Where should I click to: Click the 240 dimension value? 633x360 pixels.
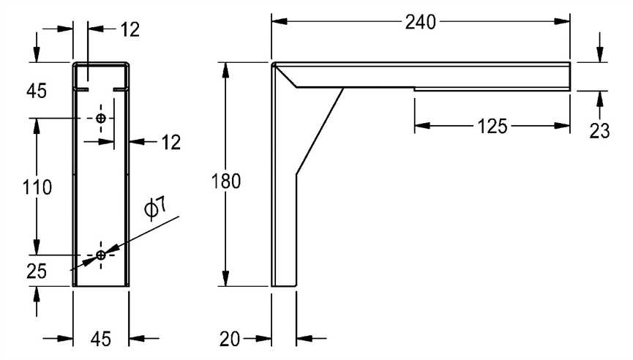point(421,23)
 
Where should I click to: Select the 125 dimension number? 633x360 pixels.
point(492,127)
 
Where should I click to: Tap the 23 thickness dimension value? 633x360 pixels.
point(600,131)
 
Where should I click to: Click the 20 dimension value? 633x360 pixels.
point(231,338)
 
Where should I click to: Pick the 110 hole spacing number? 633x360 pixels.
point(36,187)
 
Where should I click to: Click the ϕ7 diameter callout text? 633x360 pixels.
point(155,209)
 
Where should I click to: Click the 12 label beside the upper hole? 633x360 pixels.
point(170,142)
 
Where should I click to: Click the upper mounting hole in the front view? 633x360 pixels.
point(101,118)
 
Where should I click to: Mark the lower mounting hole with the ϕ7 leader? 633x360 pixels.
point(101,255)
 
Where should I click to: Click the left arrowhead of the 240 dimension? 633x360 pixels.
point(277,22)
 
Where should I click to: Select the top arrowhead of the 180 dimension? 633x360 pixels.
point(226,68)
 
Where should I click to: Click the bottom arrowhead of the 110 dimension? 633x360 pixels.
point(36,250)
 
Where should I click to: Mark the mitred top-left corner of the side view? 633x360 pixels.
point(275,67)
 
